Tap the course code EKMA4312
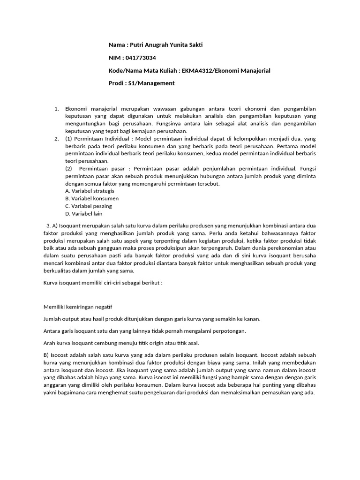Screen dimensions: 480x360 point(200,70)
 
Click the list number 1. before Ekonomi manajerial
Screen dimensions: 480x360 point(56,110)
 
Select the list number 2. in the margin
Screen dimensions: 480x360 point(56,139)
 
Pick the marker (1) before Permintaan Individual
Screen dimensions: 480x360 point(69,139)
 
